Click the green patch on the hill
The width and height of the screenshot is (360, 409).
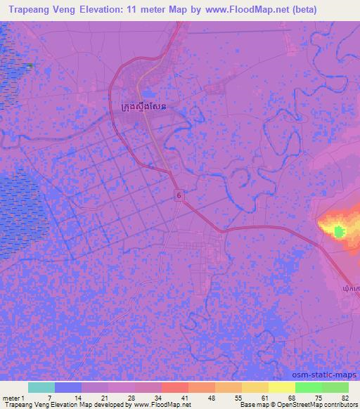340,231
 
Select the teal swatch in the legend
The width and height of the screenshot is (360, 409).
41,387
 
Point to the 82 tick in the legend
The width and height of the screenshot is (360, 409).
344,398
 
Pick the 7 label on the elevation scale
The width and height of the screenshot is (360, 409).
49,398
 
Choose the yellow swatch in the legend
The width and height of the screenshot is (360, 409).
282,387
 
